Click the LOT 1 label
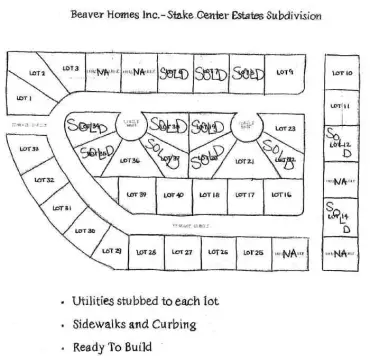[23, 99]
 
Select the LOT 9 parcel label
[284, 73]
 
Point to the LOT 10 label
[342, 74]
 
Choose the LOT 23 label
[283, 130]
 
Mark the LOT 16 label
[282, 194]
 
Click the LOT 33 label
[29, 149]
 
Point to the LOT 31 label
[60, 208]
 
